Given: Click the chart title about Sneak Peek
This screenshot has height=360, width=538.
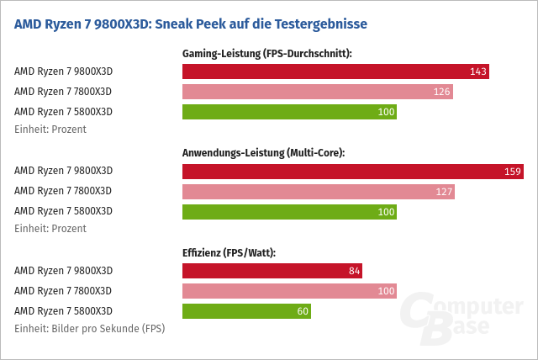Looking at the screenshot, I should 191,24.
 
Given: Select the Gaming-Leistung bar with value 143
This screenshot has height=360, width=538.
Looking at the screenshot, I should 335,71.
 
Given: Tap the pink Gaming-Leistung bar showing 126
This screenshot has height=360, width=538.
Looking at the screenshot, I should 318,92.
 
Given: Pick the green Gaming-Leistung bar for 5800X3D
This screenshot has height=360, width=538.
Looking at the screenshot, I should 289,112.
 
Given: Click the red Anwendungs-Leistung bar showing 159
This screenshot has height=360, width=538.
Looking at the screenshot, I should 353,172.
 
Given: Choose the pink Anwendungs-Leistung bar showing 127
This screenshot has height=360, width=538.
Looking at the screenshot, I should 319,192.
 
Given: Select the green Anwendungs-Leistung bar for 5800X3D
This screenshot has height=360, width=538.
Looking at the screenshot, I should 289,212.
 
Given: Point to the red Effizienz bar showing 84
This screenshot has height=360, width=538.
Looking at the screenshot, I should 272,271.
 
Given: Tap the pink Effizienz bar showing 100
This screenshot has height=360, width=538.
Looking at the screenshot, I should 289,291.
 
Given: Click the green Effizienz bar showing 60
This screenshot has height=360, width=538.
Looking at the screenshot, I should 246,311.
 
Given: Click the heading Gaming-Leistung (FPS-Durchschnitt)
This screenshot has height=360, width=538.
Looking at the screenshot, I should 266,54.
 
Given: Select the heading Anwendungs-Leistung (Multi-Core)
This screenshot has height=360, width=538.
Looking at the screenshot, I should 264,153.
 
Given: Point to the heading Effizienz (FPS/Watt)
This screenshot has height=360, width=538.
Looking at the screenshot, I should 229,252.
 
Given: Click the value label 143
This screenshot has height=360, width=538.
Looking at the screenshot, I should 478,71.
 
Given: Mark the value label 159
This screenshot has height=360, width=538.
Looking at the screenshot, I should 513,172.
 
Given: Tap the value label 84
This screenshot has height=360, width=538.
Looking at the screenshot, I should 354,271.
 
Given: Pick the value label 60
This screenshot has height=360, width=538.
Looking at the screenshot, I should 303,311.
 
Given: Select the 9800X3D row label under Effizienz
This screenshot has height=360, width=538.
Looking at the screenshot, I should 63,271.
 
